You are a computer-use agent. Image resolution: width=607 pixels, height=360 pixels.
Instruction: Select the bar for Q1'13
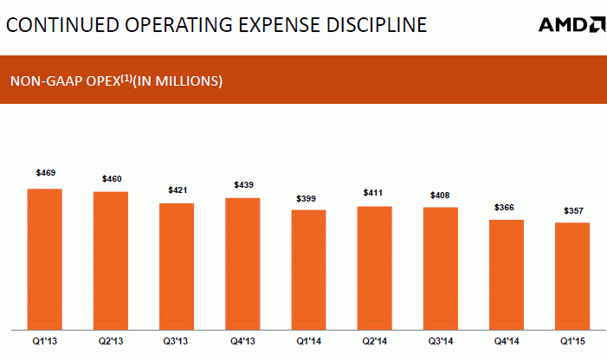[44, 260]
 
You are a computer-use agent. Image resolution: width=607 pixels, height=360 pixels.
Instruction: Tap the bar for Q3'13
[176, 267]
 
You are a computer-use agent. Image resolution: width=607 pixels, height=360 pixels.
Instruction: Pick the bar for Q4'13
[242, 264]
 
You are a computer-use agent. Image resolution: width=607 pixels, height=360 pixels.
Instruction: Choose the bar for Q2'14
[374, 268]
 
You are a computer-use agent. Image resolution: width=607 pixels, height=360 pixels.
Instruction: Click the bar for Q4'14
[507, 275]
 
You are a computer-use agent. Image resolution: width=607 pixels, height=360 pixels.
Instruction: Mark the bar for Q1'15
[572, 277]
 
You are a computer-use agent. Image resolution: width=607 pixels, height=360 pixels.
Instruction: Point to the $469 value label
[45, 173]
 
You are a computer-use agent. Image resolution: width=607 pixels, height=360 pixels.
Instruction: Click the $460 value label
[111, 178]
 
